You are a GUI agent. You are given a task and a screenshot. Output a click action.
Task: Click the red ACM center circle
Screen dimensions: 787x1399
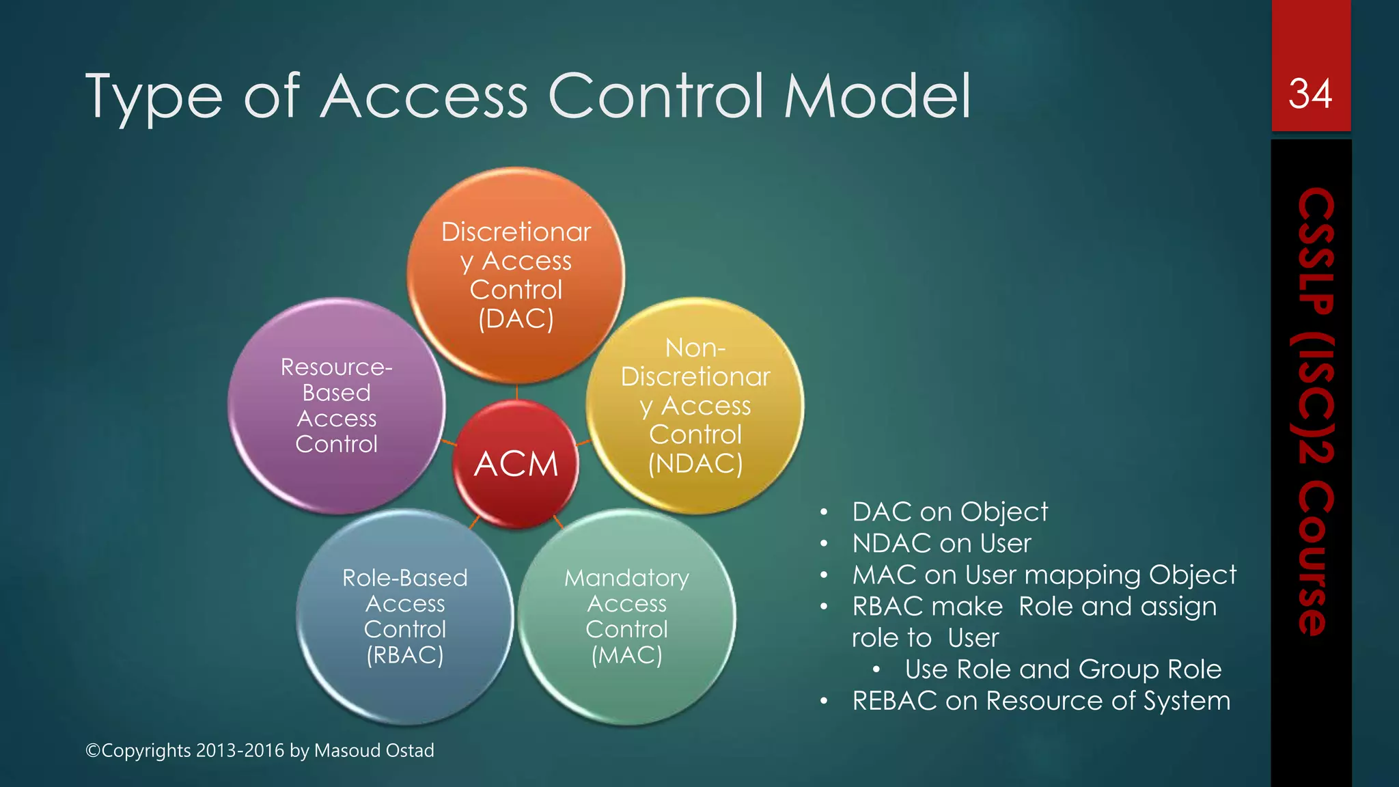516,464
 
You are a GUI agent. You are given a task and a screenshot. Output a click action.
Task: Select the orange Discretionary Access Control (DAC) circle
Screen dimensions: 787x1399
516,275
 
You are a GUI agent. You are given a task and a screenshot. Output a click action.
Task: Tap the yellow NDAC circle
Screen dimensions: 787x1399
695,406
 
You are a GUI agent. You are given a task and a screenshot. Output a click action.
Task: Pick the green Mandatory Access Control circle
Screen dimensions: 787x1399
626,616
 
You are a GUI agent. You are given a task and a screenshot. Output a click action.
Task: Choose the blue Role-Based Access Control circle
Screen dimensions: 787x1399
404,616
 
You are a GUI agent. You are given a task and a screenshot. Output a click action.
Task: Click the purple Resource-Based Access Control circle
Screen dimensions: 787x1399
336,406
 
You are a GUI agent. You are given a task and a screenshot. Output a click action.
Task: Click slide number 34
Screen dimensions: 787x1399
1310,94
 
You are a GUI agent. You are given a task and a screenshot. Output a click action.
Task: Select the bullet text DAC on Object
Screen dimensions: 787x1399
950,512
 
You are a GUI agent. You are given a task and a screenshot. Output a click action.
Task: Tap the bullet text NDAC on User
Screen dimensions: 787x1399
941,543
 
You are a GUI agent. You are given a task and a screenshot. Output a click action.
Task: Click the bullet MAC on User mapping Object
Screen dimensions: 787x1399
1044,575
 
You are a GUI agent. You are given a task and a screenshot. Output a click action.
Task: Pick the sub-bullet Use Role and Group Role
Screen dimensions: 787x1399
1063,669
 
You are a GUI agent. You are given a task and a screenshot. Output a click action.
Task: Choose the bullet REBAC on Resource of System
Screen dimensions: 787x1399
1041,700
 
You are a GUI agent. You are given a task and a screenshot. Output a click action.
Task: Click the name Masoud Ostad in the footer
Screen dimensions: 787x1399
374,750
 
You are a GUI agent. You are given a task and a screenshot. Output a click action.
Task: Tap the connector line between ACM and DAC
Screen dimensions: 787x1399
516,391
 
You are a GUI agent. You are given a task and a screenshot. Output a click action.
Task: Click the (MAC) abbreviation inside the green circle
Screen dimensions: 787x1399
626,655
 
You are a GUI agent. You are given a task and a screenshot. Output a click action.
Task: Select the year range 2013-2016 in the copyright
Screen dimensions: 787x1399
240,750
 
